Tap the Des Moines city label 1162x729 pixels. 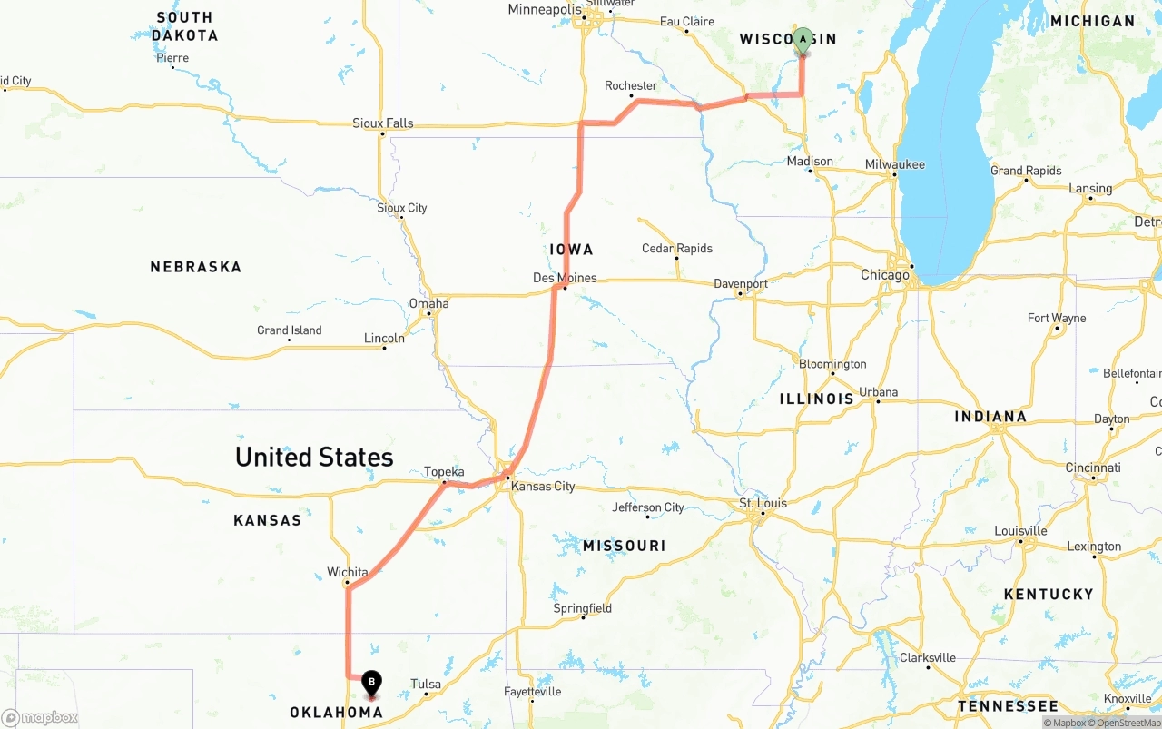pos(565,277)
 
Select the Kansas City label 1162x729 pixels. pos(543,486)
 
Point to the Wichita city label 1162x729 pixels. pos(348,572)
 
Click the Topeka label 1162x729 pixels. pos(444,471)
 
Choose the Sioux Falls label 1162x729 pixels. pos(383,123)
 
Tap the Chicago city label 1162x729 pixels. pos(884,274)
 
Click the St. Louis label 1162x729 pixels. pos(763,503)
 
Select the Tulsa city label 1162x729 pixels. pos(426,684)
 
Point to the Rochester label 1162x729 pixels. pos(631,85)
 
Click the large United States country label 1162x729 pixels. pos(314,456)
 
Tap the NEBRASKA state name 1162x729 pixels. pos(196,267)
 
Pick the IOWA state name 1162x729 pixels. pos(571,249)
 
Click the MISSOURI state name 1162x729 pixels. pos(624,546)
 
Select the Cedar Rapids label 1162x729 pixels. pos(677,248)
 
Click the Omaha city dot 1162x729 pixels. pos(429,315)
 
